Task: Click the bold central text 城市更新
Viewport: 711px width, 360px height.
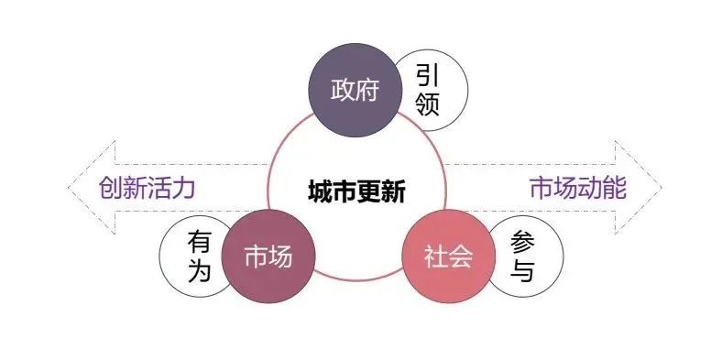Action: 356,191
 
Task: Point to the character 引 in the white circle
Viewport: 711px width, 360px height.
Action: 428,74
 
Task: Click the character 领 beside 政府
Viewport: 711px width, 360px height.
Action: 428,104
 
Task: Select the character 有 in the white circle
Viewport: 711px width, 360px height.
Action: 199,241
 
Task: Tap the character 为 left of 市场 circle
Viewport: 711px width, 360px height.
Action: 199,271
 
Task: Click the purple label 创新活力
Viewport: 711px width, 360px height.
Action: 148,189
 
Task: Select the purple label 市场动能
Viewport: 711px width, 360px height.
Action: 578,189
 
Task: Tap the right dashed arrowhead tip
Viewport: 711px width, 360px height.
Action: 660,189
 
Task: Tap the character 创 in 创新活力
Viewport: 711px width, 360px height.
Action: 111,189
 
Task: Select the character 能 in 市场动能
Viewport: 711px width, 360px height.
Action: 615,189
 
